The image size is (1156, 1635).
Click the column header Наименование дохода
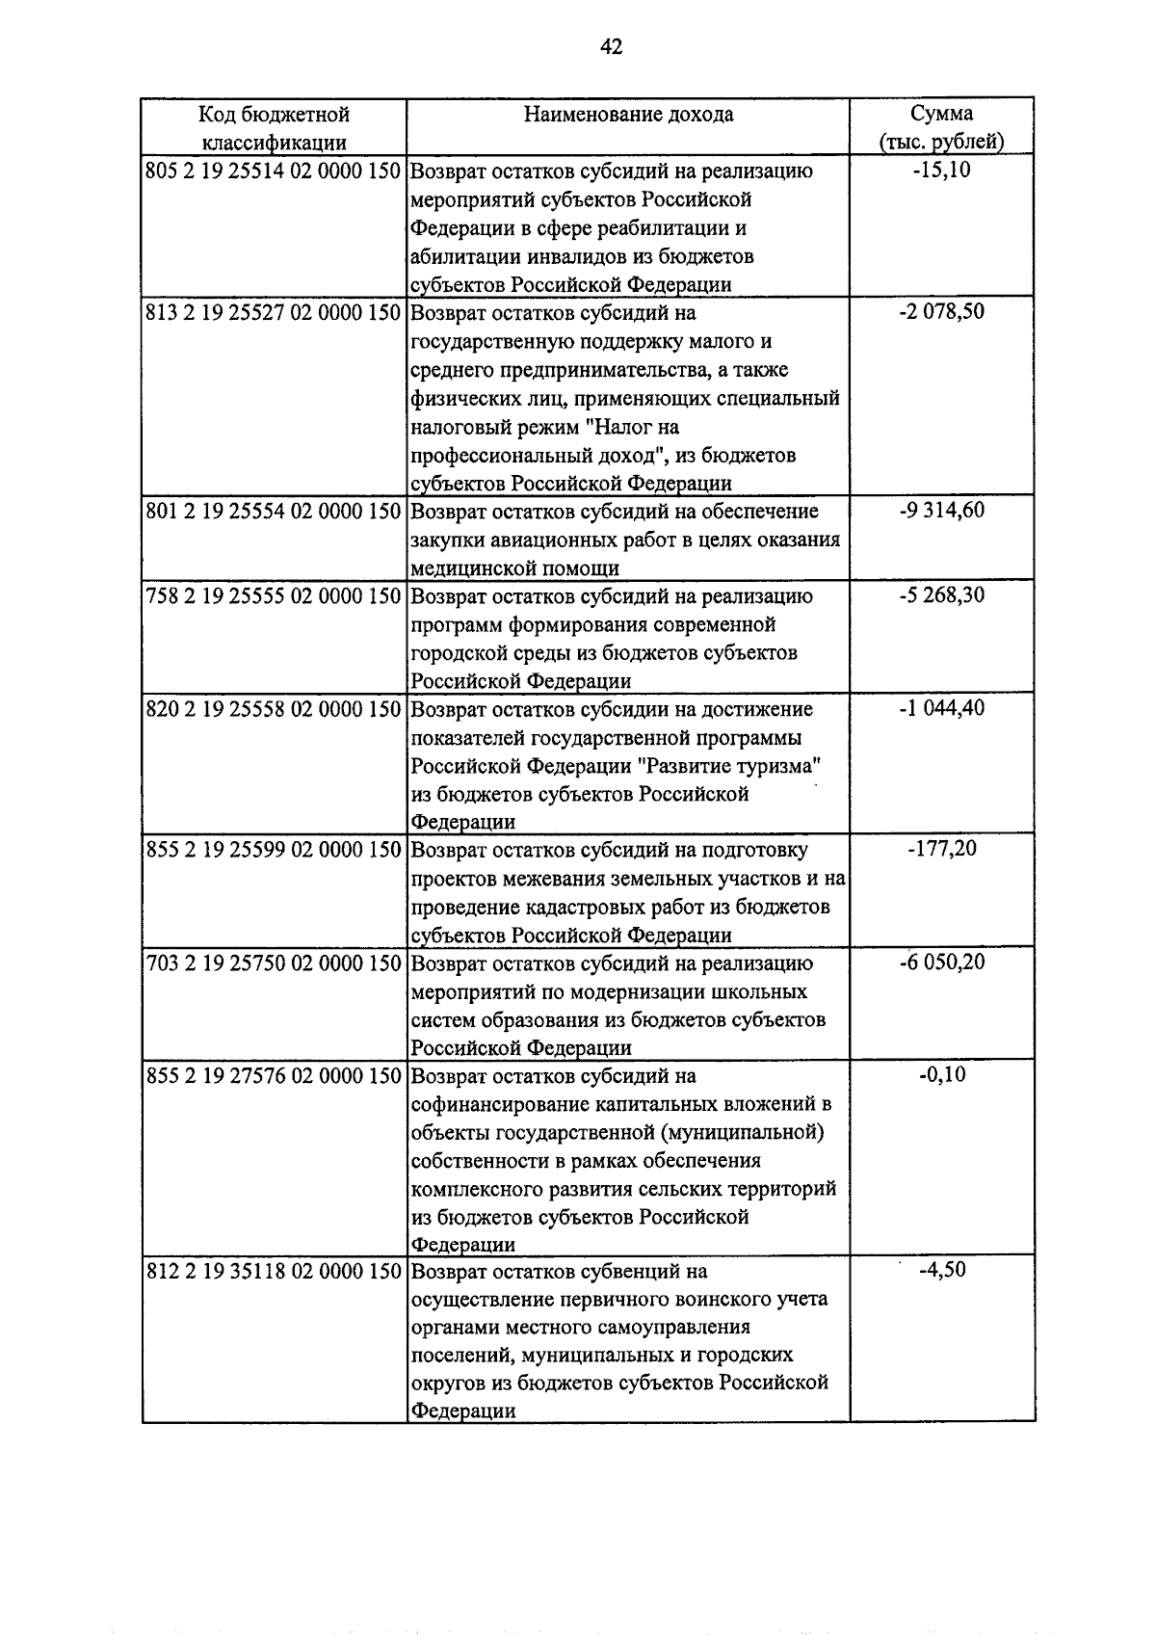pyautogui.click(x=628, y=115)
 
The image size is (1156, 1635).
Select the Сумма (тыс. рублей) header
pyautogui.click(x=941, y=127)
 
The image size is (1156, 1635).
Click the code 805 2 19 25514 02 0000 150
pyautogui.click(x=273, y=171)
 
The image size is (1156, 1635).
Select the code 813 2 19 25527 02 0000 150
pyautogui.click(x=273, y=313)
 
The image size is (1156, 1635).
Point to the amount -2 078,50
pyautogui.click(x=941, y=312)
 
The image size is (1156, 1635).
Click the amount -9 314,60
pyautogui.click(x=941, y=511)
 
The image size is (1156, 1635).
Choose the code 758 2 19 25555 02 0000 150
pyautogui.click(x=273, y=596)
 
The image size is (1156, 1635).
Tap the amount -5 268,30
pyautogui.click(x=941, y=595)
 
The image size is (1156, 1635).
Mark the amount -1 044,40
pyautogui.click(x=941, y=708)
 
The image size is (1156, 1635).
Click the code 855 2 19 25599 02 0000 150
pyautogui.click(x=273, y=851)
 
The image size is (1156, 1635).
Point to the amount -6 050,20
pyautogui.click(x=941, y=963)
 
